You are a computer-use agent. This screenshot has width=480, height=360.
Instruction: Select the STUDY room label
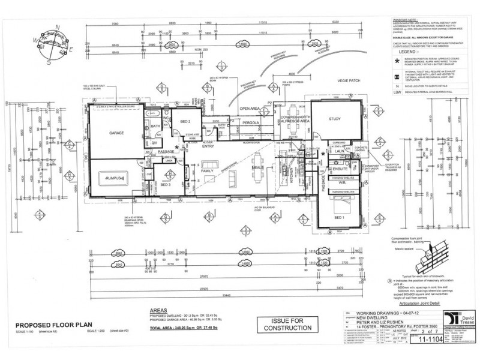point(334,119)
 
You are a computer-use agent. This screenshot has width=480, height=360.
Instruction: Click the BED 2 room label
point(185,122)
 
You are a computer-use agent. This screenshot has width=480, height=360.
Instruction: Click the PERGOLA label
point(251,122)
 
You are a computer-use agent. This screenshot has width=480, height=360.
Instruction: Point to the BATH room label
point(155,126)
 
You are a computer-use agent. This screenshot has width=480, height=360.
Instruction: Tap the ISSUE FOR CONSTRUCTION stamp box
point(285,325)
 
